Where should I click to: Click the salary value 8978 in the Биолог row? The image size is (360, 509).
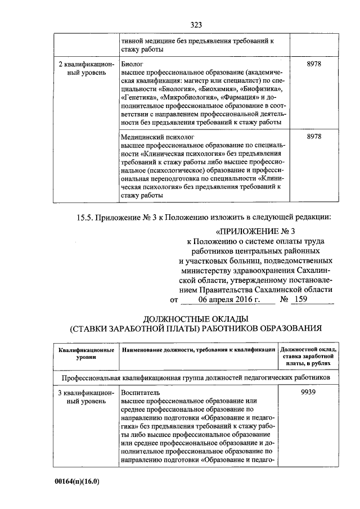tap(314, 65)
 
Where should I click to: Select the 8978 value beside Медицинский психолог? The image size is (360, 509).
tap(314, 137)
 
